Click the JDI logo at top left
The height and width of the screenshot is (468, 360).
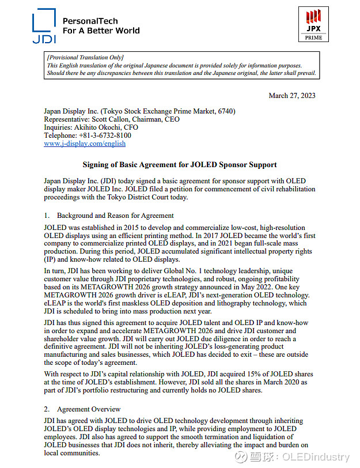click(x=44, y=25)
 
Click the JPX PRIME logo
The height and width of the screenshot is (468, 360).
click(x=313, y=24)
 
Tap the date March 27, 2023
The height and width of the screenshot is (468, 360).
click(x=292, y=96)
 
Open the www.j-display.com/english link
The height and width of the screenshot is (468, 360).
click(x=85, y=144)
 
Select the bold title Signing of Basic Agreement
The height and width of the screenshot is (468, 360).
click(x=180, y=164)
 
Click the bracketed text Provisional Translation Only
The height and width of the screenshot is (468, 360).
click(x=85, y=58)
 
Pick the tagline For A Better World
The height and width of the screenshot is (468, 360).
click(x=101, y=31)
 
